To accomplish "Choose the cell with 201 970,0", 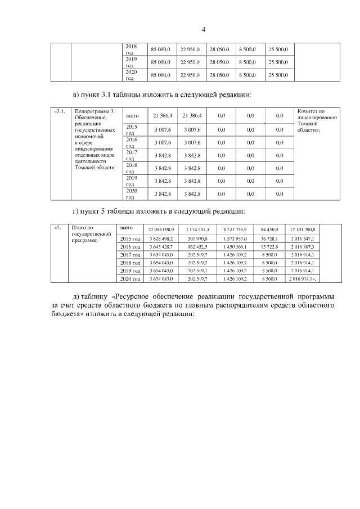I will (x=197, y=238).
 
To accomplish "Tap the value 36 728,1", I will (x=269, y=238).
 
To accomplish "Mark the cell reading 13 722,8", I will (x=269, y=247).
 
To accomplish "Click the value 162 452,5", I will (x=197, y=247).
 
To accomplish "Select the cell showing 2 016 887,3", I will (x=302, y=247).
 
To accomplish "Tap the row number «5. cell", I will (x=57, y=228).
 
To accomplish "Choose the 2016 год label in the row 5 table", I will (x=130, y=247).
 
